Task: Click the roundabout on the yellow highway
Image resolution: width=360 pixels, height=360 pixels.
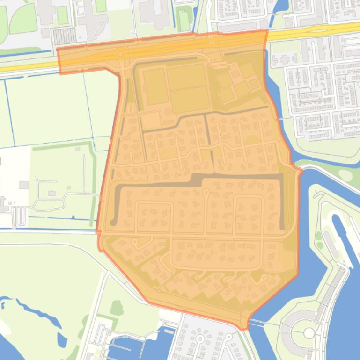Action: pos(121,54)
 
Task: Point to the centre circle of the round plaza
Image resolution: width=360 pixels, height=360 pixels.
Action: pos(309,333)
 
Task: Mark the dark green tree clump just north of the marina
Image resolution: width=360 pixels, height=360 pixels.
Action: pos(117,308)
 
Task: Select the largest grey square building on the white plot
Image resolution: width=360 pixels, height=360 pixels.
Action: pos(24,185)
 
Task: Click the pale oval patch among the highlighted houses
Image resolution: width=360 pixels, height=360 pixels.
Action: pos(252,139)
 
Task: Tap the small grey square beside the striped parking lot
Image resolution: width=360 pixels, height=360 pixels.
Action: pos(45,33)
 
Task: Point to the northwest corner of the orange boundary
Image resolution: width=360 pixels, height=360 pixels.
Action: pos(57,49)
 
